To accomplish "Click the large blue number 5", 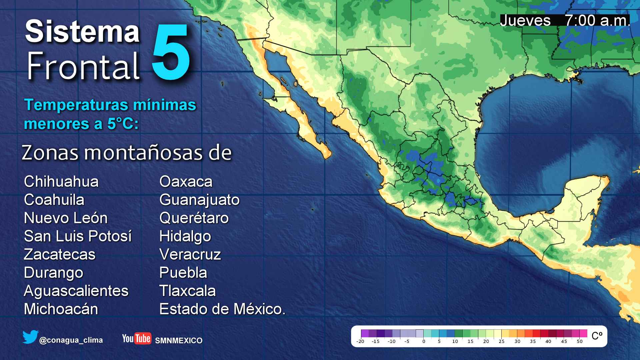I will pyautogui.click(x=171, y=52).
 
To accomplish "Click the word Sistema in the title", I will pyautogui.click(x=82, y=31).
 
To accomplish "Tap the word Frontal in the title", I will pyautogui.click(x=83, y=66).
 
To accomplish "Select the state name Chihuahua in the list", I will pyautogui.click(x=61, y=182).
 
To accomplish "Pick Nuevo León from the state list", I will pyautogui.click(x=66, y=218).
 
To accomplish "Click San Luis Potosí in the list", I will pyautogui.click(x=78, y=236).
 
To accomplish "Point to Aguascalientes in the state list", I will pyautogui.click(x=76, y=291).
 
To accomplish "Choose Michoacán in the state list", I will pyautogui.click(x=61, y=309).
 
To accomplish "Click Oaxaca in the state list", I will pyautogui.click(x=186, y=182).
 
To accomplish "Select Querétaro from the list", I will pyautogui.click(x=194, y=218).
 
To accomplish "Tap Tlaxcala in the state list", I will pyautogui.click(x=187, y=291).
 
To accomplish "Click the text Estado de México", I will pyautogui.click(x=222, y=309).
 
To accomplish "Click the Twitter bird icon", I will pyautogui.click(x=30, y=337).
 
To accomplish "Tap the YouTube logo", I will pyautogui.click(x=137, y=338).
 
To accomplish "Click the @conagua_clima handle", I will pyautogui.click(x=71, y=340).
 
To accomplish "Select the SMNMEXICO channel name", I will pyautogui.click(x=179, y=341).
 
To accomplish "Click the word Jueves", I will pyautogui.click(x=525, y=21).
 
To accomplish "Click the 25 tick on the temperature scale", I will pyautogui.click(x=501, y=341).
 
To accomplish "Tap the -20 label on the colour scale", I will pyautogui.click(x=360, y=341).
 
